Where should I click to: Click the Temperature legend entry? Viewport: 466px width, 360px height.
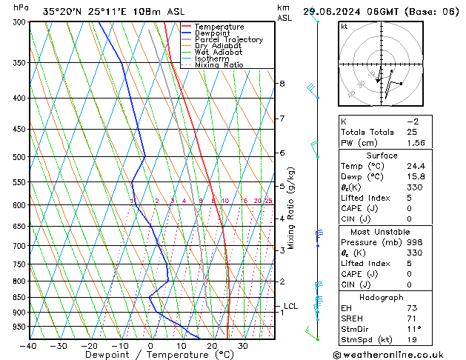[220, 27]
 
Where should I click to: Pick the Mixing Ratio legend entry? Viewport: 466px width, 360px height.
[219, 65]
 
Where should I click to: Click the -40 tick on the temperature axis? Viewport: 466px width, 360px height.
[28, 345]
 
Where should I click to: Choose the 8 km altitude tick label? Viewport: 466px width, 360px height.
[282, 84]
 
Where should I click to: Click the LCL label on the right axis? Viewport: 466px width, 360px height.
[290, 306]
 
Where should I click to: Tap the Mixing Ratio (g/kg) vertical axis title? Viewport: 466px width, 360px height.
[291, 208]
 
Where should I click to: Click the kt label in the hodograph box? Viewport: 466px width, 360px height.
[344, 26]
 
